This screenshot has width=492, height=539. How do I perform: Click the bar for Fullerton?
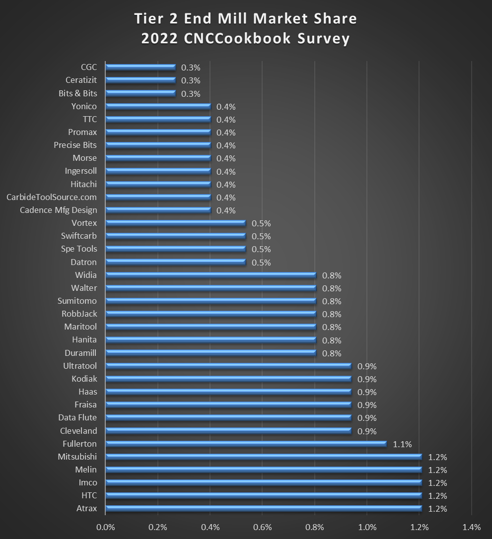pos(246,444)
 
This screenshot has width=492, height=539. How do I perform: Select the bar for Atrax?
pos(264,508)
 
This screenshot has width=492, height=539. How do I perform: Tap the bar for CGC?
pos(141,67)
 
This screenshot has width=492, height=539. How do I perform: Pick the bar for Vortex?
pos(176,223)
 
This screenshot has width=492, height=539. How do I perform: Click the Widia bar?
pos(211,275)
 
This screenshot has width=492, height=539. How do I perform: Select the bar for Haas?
pos(228,392)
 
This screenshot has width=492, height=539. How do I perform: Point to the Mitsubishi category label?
pos(77,457)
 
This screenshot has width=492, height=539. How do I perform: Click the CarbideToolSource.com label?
pos(52,197)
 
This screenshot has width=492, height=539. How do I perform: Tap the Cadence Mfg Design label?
pos(59,210)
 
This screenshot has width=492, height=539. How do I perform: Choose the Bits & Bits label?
pos(77,93)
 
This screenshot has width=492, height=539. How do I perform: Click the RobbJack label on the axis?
pos(79,314)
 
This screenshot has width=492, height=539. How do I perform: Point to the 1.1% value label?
pos(402,444)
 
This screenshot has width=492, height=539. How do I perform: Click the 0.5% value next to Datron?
pos(261,263)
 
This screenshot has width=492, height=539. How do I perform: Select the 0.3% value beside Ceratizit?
pos(191,80)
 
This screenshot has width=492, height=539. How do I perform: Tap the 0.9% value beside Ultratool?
pos(367,366)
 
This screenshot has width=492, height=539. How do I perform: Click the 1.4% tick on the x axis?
pos(471,527)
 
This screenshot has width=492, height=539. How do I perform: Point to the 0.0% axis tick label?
pos(105,527)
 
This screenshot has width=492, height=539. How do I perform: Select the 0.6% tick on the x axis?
pos(262,527)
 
